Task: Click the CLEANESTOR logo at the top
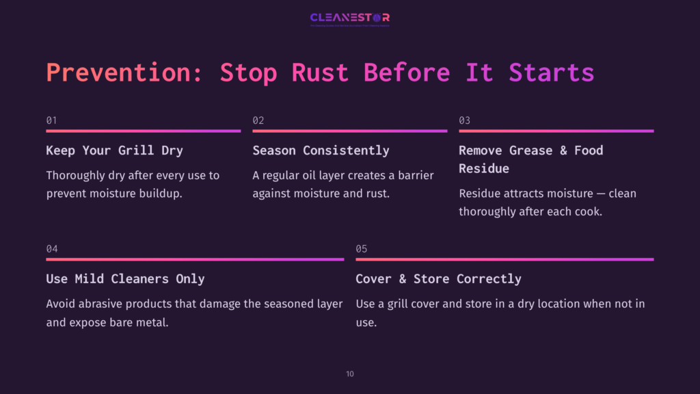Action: [349, 18]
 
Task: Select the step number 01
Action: [51, 120]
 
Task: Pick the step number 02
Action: [258, 120]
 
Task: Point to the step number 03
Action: [464, 120]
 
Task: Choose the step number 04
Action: [52, 249]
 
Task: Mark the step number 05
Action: [362, 249]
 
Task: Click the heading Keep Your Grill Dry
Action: [114, 150]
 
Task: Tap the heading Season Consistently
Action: [321, 150]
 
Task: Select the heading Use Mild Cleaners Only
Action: [125, 279]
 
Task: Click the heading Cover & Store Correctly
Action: [438, 279]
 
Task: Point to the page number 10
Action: [350, 374]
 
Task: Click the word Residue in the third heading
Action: [484, 168]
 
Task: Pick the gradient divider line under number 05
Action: [504, 259]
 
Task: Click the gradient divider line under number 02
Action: [349, 131]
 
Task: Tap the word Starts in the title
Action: [551, 73]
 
